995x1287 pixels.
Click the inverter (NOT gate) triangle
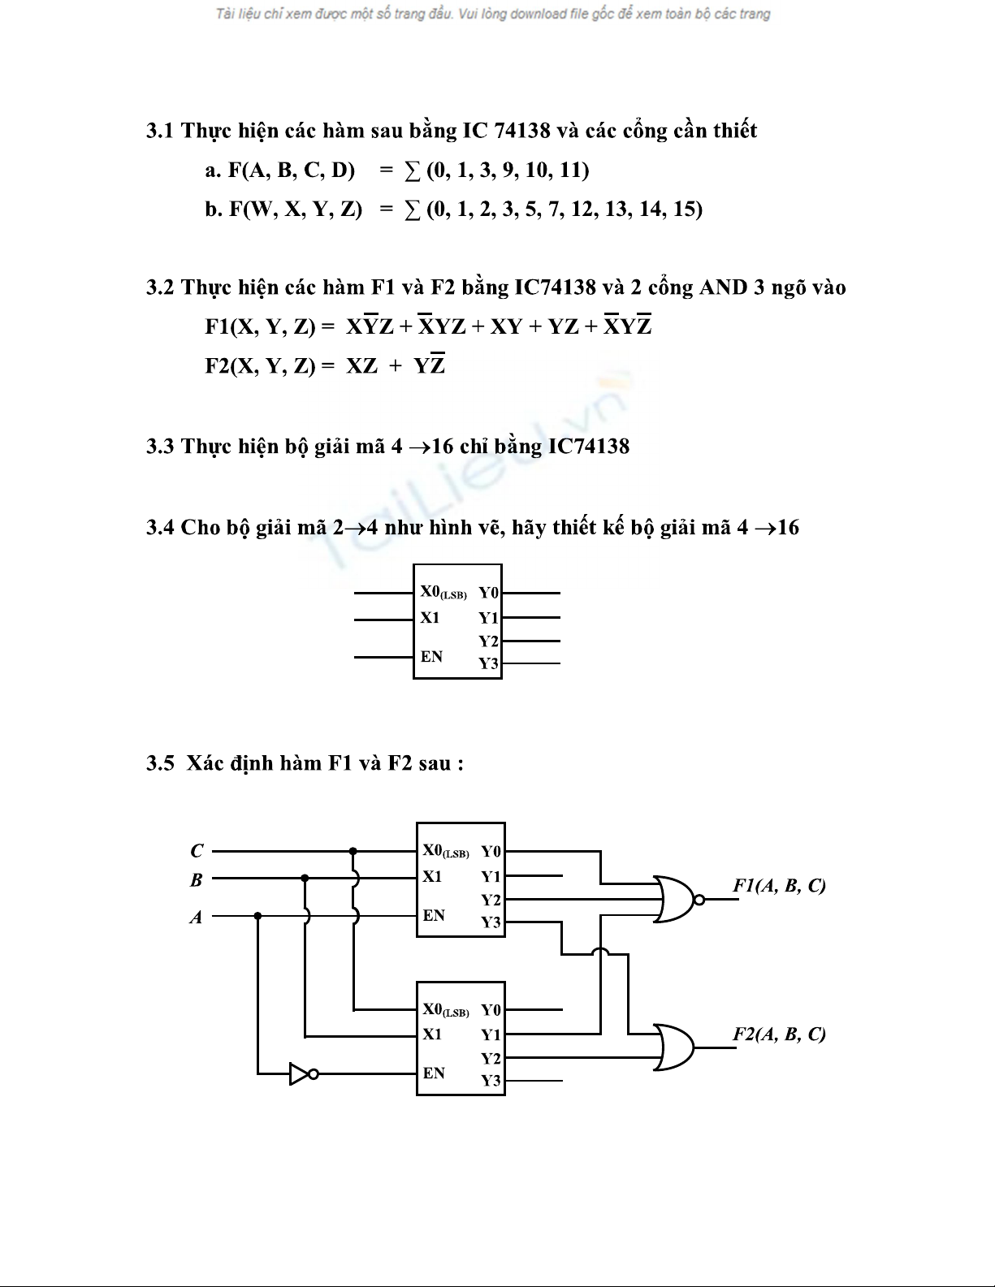pos(299,1074)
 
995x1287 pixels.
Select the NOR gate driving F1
pos(673,899)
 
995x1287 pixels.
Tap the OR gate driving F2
pos(673,1047)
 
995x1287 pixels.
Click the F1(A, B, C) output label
pos(779,885)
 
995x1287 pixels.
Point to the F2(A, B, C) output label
pos(779,1034)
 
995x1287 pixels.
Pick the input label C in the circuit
pos(197,851)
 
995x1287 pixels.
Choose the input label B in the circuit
pos(196,879)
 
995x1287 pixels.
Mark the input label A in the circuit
pos(196,917)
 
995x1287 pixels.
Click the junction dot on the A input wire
pos(257,915)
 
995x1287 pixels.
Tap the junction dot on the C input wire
pos(353,851)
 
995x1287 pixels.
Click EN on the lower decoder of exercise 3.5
pos(434,1073)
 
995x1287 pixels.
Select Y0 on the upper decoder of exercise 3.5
pos(491,851)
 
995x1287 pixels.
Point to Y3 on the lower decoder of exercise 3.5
pos(491,1081)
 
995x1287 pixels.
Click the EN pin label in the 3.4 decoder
pos(431,656)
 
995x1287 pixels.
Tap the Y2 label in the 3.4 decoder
pos(488,641)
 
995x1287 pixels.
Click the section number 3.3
pos(160,447)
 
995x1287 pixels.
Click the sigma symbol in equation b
pos(413,209)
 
